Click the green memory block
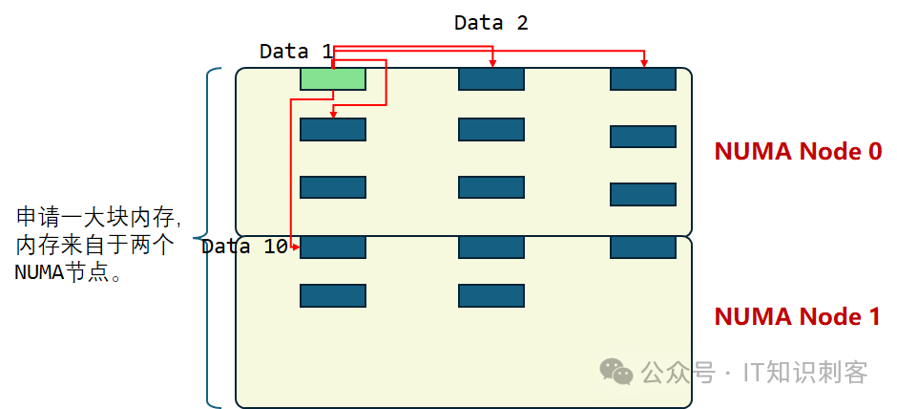point(332,79)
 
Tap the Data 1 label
point(296,52)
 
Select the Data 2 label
point(490,22)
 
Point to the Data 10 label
point(244,247)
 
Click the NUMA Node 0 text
point(798,151)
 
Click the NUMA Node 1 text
point(798,316)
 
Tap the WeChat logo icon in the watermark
point(615,372)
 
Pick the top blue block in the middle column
point(490,79)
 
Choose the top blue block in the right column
point(643,79)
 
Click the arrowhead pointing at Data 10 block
point(297,248)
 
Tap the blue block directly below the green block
point(332,129)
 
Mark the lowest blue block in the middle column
point(490,295)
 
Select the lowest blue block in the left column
point(332,295)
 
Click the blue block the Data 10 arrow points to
point(332,248)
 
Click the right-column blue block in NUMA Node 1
point(643,248)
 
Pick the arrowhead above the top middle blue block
point(492,64)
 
